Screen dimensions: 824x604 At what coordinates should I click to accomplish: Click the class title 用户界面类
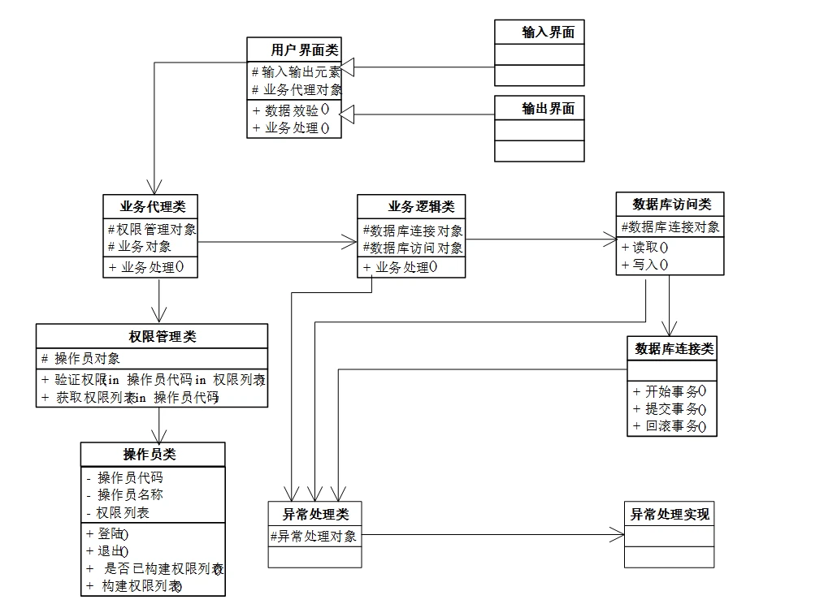(304, 50)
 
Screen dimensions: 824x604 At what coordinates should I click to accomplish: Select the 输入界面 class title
(548, 32)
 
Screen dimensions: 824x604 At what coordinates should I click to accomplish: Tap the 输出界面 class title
(548, 109)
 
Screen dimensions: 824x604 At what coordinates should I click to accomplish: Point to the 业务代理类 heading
(153, 206)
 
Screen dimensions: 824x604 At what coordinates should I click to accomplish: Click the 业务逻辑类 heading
(421, 206)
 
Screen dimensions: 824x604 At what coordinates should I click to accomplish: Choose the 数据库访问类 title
(671, 204)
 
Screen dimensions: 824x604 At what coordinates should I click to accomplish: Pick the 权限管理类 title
(163, 336)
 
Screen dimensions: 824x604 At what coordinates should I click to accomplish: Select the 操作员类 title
(150, 455)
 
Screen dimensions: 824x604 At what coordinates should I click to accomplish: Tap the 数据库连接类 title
(674, 349)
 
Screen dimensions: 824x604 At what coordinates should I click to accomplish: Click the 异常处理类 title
(315, 514)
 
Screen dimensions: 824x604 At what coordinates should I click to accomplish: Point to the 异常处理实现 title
(670, 514)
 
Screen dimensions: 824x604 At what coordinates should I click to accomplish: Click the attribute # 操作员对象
(81, 358)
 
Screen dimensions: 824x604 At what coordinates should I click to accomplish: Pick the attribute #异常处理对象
(314, 537)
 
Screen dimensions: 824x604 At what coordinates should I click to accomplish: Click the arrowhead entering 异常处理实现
(617, 535)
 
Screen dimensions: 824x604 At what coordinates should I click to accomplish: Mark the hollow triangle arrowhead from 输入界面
(347, 67)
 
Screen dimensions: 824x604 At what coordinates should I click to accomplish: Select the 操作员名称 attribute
(124, 494)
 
